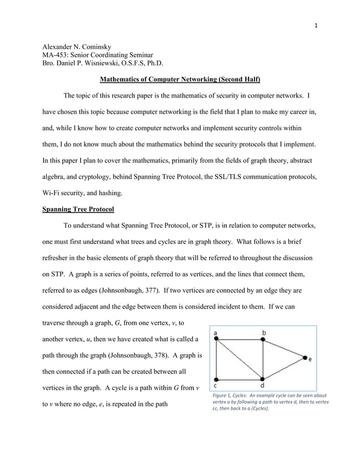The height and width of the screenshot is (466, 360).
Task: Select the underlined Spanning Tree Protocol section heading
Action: click(78, 209)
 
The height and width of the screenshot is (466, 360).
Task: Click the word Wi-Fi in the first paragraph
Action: click(54, 192)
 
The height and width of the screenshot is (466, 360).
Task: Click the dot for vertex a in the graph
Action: click(216, 339)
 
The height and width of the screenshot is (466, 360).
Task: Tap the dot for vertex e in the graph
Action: click(306, 358)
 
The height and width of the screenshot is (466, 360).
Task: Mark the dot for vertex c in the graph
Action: click(216, 379)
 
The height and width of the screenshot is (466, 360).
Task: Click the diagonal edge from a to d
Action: click(239, 359)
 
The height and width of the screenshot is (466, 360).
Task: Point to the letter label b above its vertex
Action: click(264, 332)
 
